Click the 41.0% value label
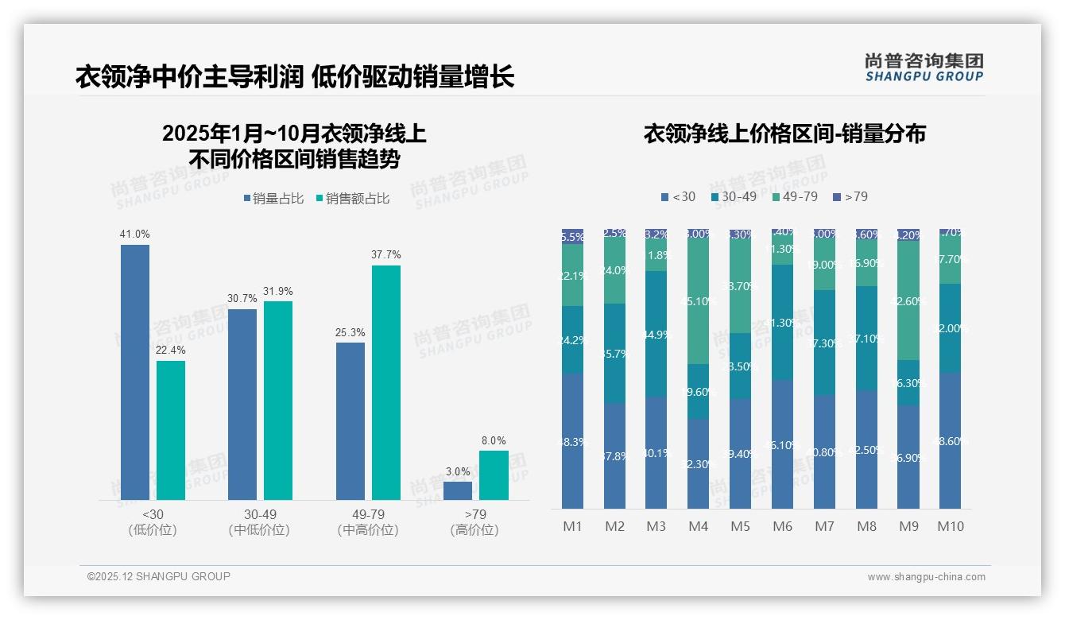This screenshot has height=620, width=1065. click(134, 234)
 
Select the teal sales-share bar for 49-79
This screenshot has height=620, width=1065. click(386, 382)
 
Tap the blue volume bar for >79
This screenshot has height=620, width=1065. click(458, 490)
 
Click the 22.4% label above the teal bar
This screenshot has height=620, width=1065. click(171, 351)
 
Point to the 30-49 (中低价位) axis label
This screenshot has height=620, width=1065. click(259, 522)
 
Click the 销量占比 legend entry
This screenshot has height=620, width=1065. click(273, 199)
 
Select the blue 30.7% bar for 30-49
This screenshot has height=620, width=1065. click(242, 404)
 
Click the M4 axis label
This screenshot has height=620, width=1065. click(698, 526)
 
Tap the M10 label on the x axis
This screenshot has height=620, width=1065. click(951, 526)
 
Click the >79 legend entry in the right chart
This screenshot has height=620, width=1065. click(850, 196)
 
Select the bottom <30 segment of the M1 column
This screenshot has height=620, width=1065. click(572, 441)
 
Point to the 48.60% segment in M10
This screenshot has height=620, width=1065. click(951, 440)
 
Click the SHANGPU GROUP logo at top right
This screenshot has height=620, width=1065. click(924, 68)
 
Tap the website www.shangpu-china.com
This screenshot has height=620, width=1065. click(926, 577)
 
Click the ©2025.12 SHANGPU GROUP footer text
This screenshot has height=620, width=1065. click(159, 576)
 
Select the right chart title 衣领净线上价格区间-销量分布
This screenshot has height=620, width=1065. click(784, 134)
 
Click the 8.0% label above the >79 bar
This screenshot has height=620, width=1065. click(494, 440)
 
